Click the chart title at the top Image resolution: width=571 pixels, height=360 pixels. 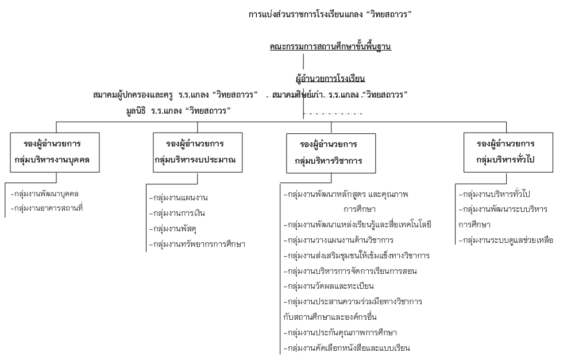pos(330,14)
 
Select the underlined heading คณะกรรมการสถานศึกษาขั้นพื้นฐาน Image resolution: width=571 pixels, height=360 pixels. pos(330,47)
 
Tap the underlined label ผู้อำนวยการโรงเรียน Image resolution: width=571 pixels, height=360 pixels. pos(330,79)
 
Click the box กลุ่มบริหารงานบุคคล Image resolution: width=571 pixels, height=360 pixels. pos(55,153)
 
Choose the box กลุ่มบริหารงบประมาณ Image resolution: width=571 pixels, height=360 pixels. pos(198,153)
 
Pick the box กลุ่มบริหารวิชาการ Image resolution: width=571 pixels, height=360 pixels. pos(331,153)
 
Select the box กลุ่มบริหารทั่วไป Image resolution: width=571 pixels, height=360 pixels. pos(508,153)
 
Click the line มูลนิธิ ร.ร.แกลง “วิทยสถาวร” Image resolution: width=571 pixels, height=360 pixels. pos(179,111)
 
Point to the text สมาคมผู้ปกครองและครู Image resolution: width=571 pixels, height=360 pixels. pos(133,95)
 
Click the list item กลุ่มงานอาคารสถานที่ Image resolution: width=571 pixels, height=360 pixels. pos(47,208)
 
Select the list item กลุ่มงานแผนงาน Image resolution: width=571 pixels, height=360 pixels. pos(179,198)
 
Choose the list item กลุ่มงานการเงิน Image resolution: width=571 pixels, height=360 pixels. pos(177,214)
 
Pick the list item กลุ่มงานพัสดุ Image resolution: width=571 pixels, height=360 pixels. pos(172,229)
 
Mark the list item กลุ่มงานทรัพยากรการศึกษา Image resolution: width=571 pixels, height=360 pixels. pos(197,244)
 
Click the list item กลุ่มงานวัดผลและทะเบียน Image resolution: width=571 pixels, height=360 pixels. pos(329,287)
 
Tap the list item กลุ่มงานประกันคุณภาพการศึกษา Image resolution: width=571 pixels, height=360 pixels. pos(340,332)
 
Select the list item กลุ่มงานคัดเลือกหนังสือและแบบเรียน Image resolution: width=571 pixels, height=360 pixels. pos(347,349)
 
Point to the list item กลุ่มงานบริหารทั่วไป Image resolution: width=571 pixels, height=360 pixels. pos(494,194)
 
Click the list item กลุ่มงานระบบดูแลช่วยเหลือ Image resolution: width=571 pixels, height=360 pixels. pos(506,240)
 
